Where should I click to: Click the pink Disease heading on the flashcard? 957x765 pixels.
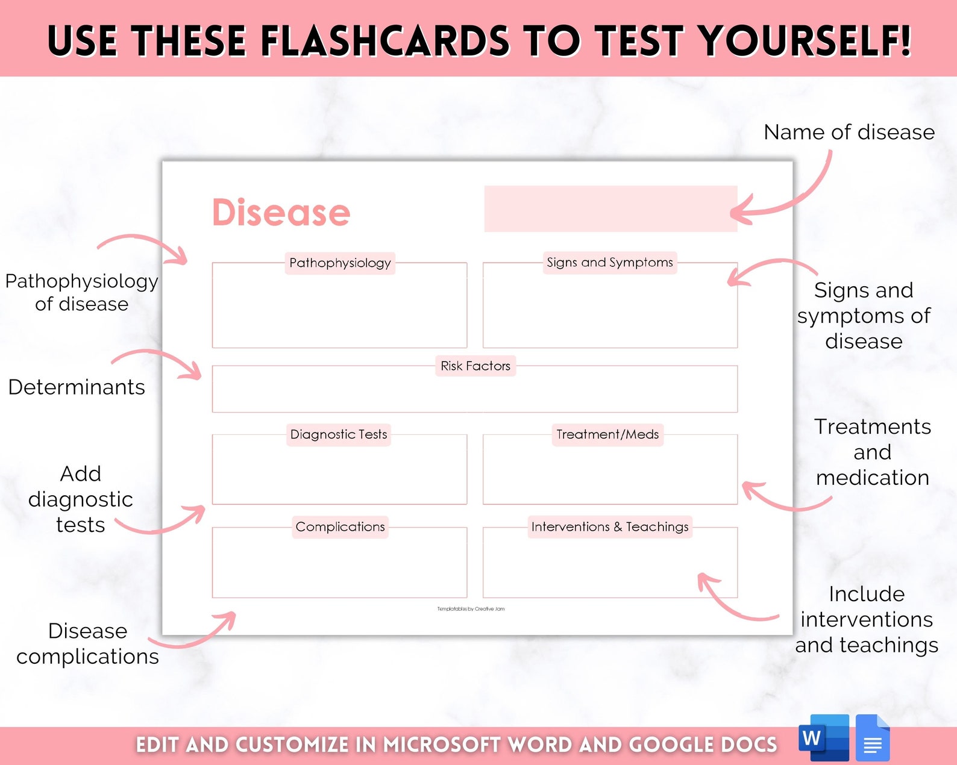(x=281, y=213)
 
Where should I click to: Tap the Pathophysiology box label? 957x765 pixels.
(x=340, y=263)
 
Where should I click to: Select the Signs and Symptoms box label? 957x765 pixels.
(x=609, y=263)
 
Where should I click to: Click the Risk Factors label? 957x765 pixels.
(x=475, y=366)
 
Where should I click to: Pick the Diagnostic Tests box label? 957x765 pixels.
(x=339, y=434)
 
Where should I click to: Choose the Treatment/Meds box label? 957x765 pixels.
(x=607, y=434)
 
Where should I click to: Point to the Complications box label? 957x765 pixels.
(x=340, y=527)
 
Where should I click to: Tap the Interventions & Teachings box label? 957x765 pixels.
(x=609, y=527)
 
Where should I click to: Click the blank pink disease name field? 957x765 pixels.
(x=610, y=208)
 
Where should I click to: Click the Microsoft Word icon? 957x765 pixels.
(x=823, y=738)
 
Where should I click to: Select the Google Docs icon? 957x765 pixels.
(x=873, y=738)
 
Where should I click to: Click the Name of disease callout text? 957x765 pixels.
(x=849, y=132)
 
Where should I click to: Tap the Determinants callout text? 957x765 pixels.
(x=77, y=387)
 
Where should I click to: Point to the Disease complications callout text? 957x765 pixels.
(x=87, y=643)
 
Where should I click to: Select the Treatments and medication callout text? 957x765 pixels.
(x=872, y=452)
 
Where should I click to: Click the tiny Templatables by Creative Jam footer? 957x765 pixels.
(x=471, y=609)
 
